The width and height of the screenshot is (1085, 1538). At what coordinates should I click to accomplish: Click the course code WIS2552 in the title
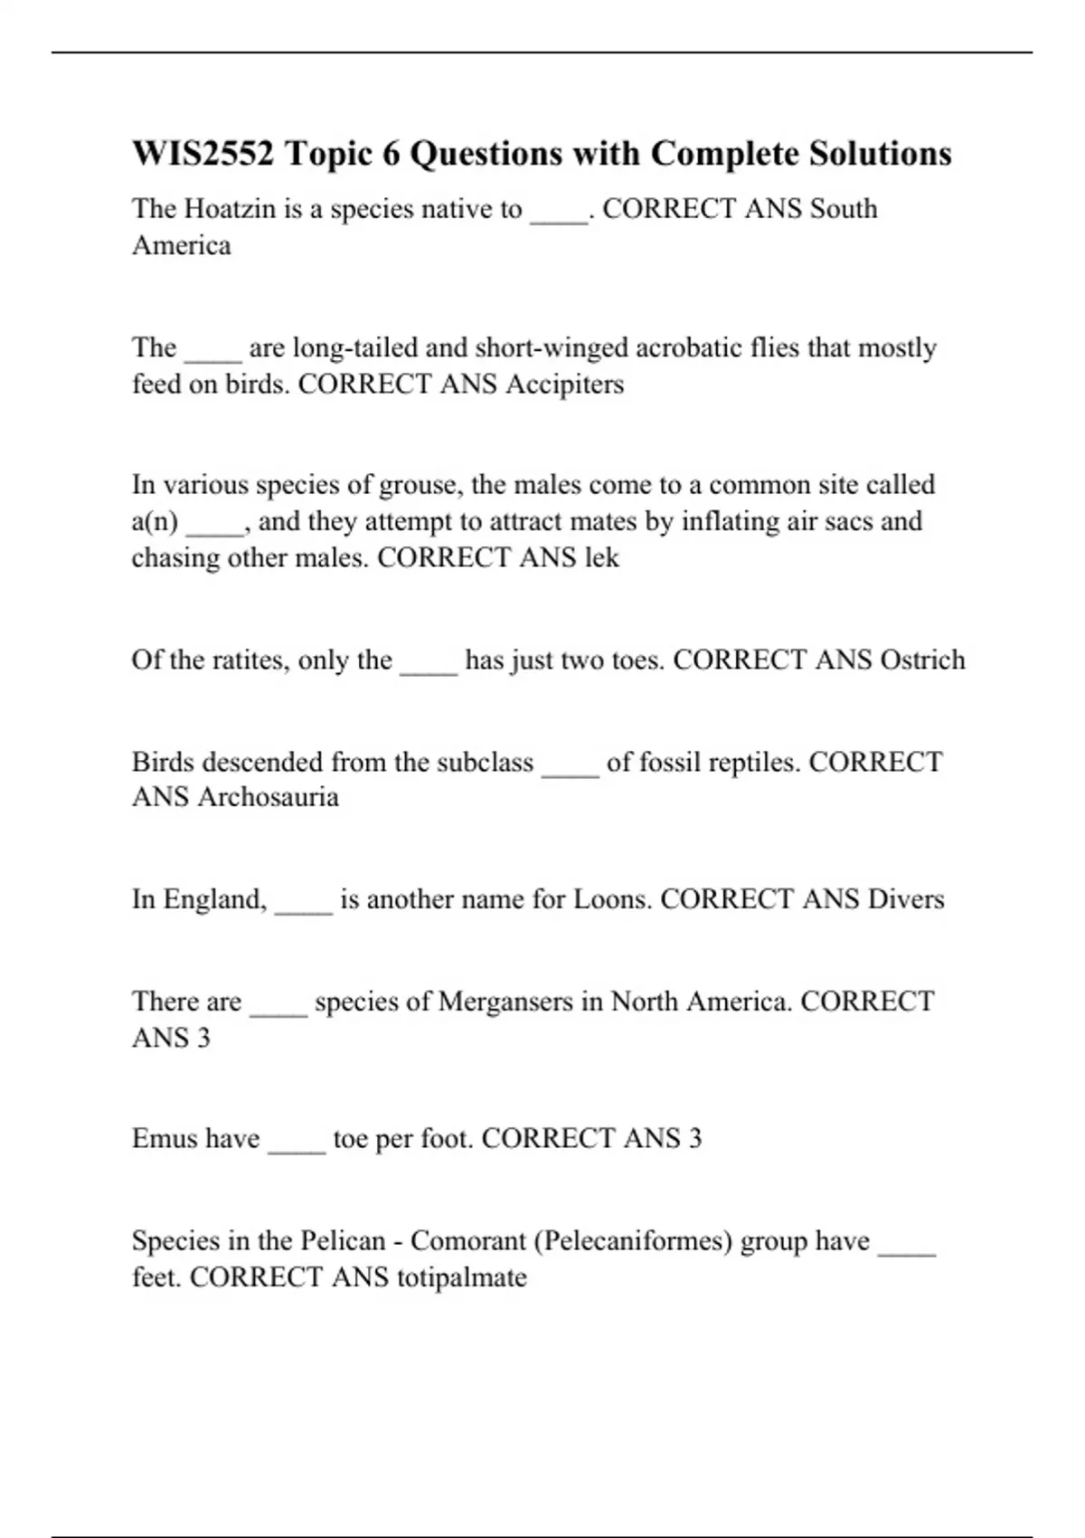click(203, 154)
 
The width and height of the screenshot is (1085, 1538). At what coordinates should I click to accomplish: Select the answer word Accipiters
click(564, 384)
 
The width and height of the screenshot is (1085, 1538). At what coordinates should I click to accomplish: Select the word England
click(215, 899)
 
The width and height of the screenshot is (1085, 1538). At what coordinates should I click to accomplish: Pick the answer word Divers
click(906, 899)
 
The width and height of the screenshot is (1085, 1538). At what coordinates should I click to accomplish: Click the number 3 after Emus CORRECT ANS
click(694, 1138)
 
